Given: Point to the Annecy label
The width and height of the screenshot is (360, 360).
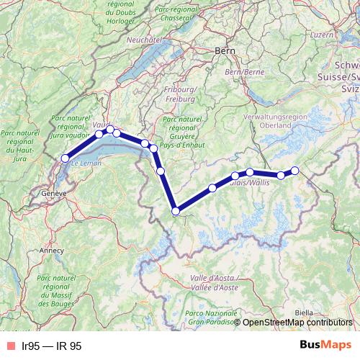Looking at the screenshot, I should (x=50, y=251).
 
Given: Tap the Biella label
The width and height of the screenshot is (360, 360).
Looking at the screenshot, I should (x=304, y=312).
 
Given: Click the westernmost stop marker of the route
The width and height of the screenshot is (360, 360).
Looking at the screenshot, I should (x=65, y=158).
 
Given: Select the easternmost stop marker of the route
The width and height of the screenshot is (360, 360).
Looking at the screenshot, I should (x=294, y=170).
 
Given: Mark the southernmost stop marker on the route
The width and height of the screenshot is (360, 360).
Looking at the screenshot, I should (x=175, y=211).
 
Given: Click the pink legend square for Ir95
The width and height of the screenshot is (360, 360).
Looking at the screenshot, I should (x=9, y=346).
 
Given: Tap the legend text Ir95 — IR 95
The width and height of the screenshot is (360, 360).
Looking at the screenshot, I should (x=52, y=346).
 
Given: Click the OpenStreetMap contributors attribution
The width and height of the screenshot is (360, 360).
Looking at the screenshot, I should (x=297, y=322).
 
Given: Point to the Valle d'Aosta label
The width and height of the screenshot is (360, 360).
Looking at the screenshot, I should (x=214, y=282).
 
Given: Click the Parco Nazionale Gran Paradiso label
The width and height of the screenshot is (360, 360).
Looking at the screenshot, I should (x=209, y=318).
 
